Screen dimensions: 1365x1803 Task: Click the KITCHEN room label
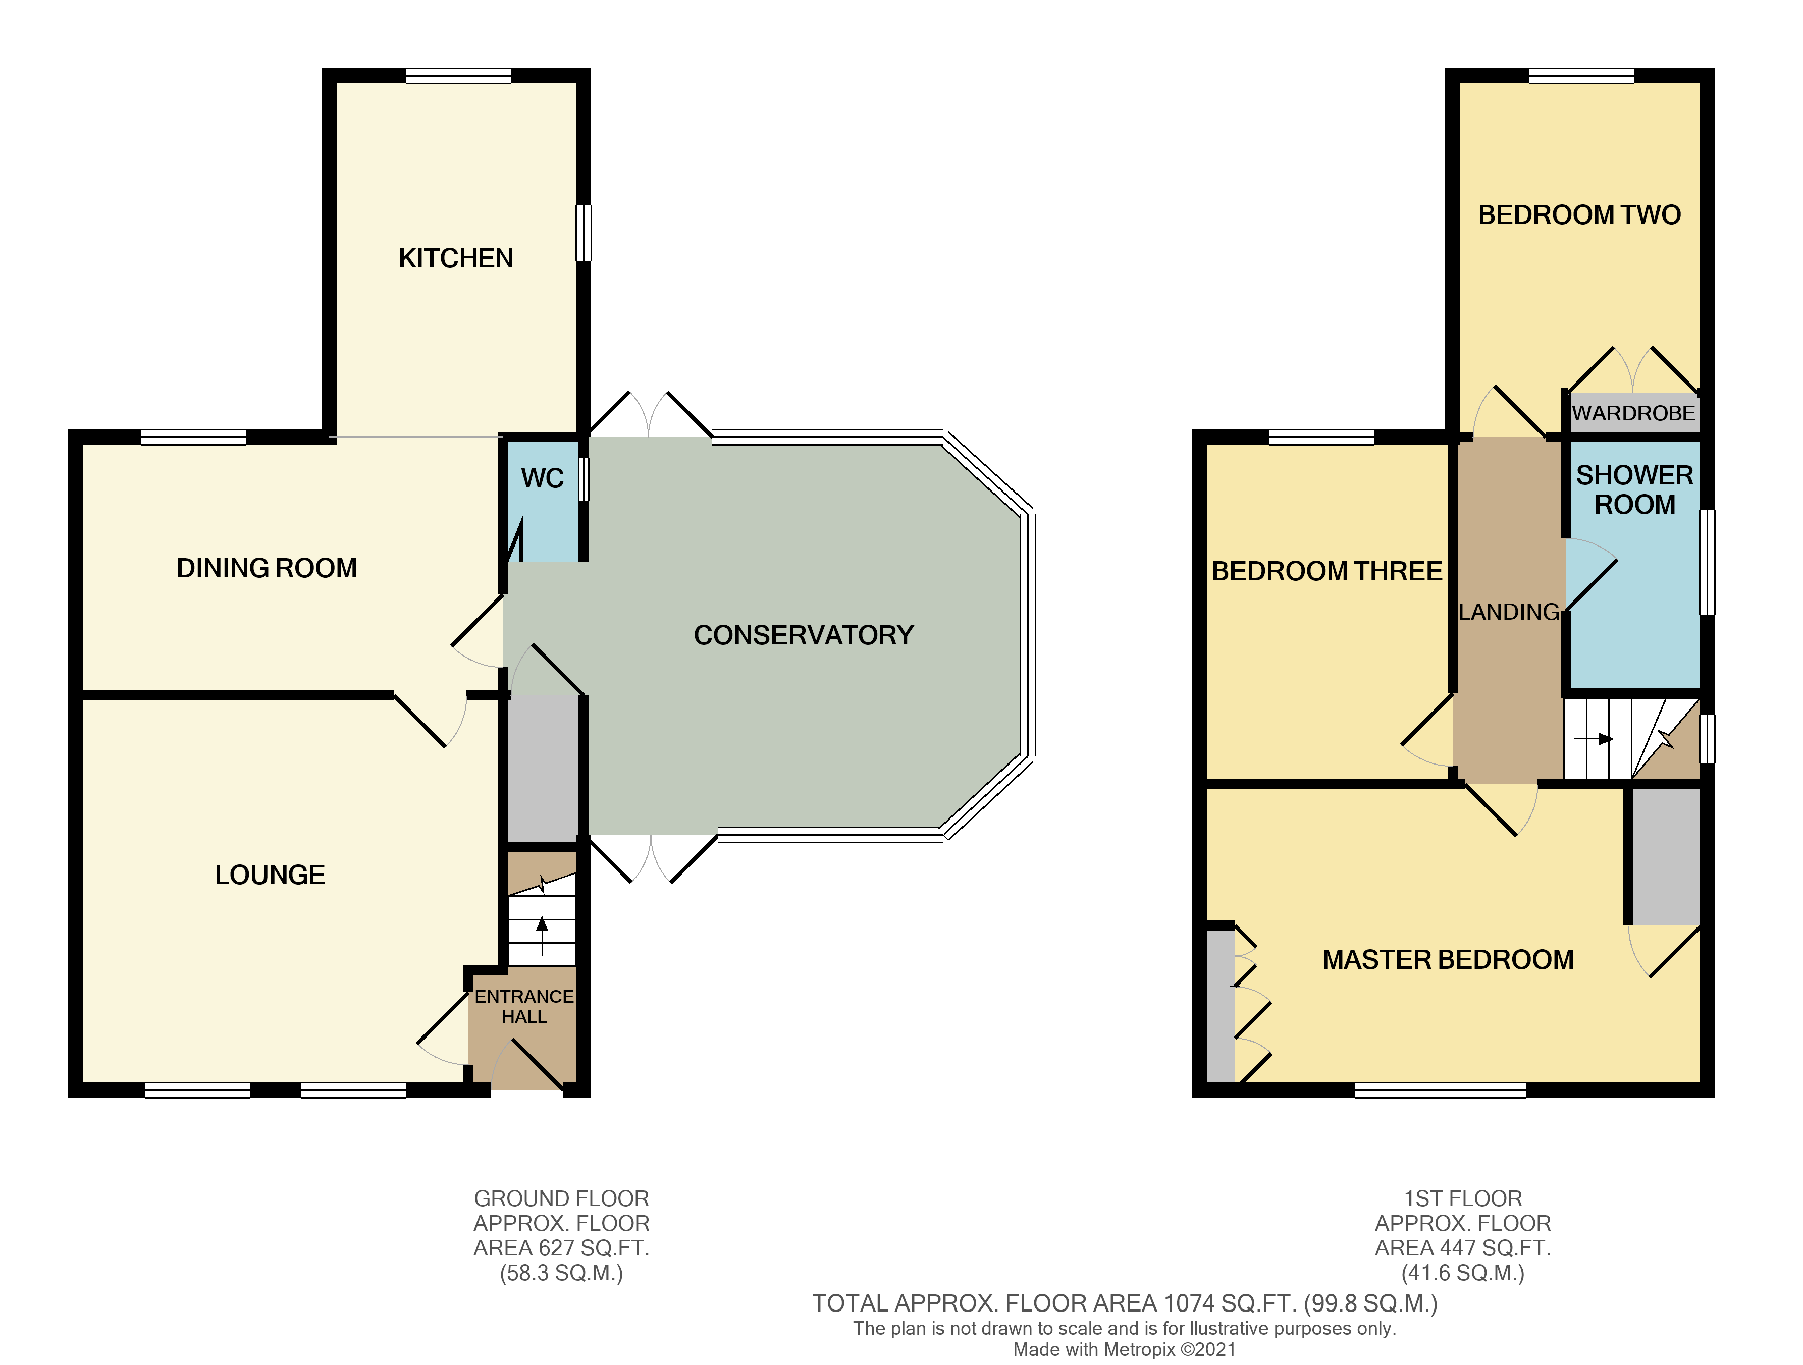pyautogui.click(x=456, y=258)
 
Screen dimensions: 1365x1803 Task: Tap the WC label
pyautogui.click(x=542, y=478)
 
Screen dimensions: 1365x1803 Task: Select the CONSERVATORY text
pyautogui.click(x=803, y=635)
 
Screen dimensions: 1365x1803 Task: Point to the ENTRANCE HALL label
pyautogui.click(x=524, y=1006)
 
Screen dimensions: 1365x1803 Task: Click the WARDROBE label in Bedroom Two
pyautogui.click(x=1633, y=413)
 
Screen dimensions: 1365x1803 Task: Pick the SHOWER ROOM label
pyautogui.click(x=1634, y=490)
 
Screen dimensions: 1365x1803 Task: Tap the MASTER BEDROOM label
pyautogui.click(x=1448, y=960)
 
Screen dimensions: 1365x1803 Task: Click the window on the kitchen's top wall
pyautogui.click(x=458, y=76)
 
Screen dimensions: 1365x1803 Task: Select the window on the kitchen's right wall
pyautogui.click(x=584, y=233)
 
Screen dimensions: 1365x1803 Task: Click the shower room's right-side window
pyautogui.click(x=1707, y=562)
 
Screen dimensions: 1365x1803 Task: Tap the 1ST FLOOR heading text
pyautogui.click(x=1462, y=1199)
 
